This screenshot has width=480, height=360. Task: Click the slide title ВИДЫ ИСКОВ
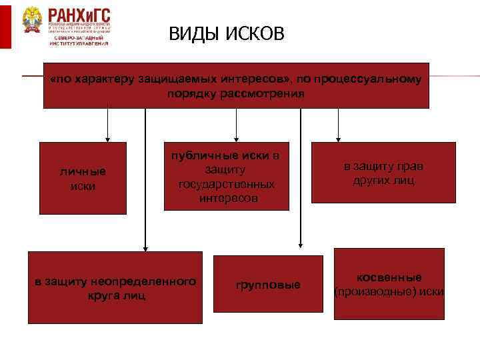click(226, 34)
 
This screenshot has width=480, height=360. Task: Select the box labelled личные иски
click(83, 178)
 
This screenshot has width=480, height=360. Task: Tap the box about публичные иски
click(227, 176)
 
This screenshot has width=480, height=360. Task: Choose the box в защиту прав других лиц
click(383, 173)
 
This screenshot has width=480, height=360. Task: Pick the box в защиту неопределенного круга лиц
click(115, 287)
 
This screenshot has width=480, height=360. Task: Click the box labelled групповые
click(268, 285)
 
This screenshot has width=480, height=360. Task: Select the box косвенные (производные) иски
click(389, 285)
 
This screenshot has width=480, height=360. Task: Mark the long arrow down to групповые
click(301, 180)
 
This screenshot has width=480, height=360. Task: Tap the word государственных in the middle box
click(227, 183)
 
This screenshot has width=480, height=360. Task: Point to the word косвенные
click(389, 277)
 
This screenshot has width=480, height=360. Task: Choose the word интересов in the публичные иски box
click(227, 198)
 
